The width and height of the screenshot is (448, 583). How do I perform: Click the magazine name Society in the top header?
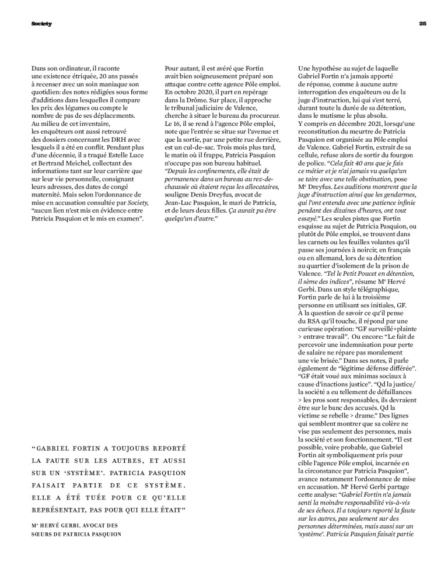pos(41,24)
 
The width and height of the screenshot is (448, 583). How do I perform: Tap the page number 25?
pos(423,24)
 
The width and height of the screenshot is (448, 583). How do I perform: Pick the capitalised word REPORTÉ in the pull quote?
pos(163,448)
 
